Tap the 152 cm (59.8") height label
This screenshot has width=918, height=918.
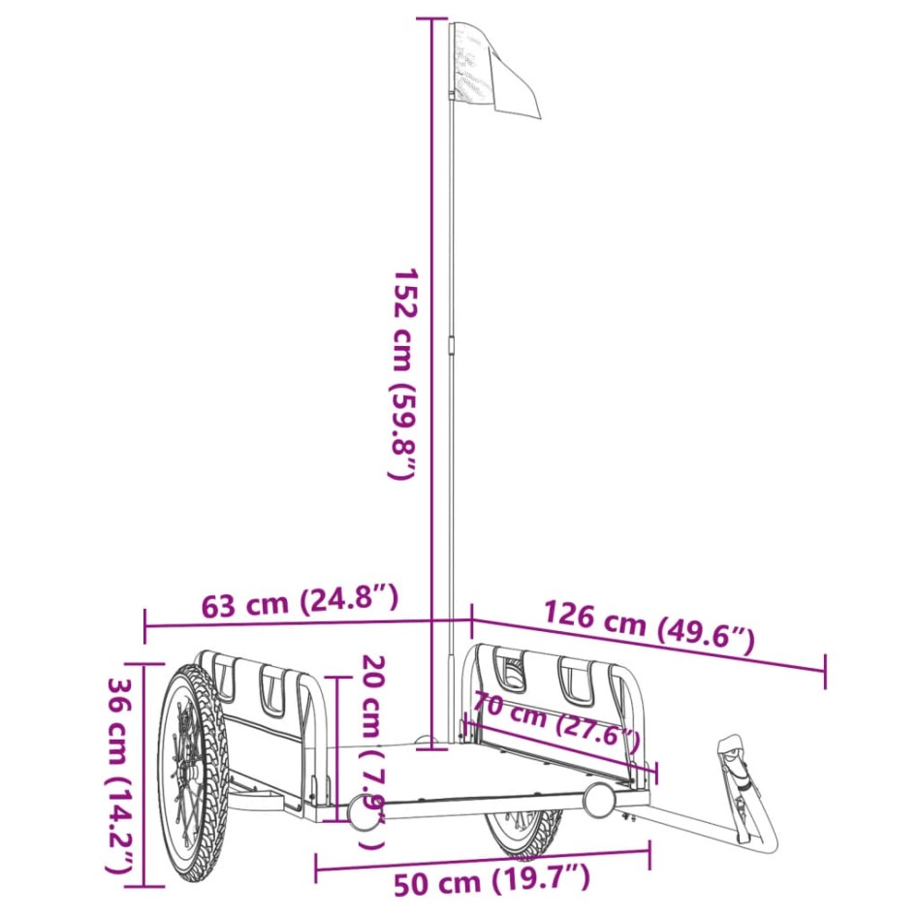(x=402, y=373)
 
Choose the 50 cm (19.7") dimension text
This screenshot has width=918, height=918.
(x=491, y=881)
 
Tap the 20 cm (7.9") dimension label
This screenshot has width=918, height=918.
(x=372, y=751)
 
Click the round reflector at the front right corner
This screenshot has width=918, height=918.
(x=599, y=801)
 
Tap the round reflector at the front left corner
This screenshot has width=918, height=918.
(x=363, y=815)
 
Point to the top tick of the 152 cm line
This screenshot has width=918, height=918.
(x=433, y=17)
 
